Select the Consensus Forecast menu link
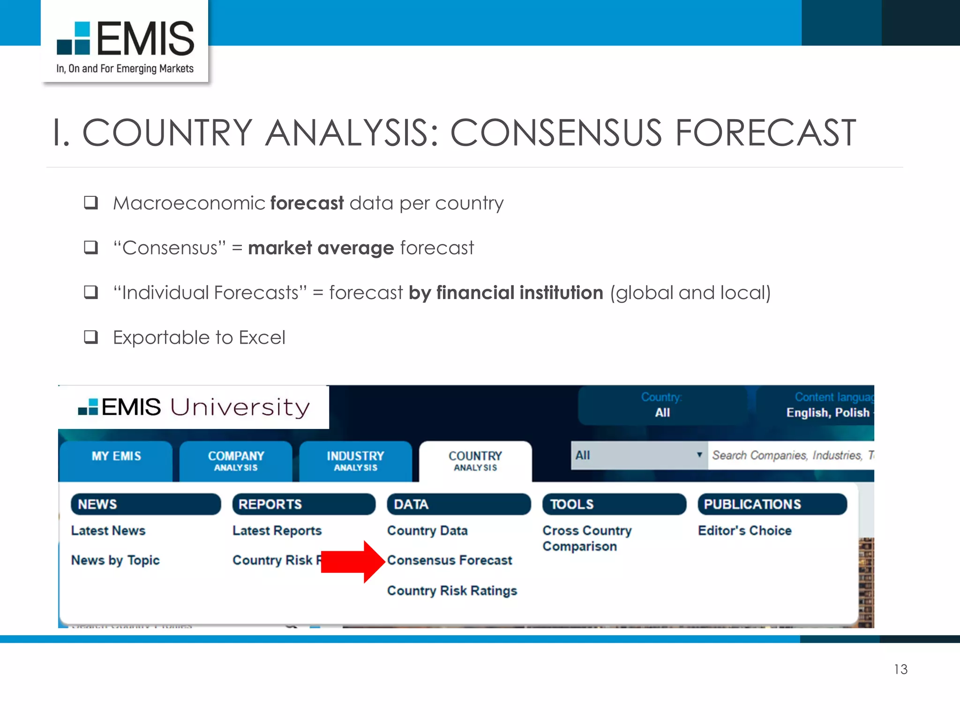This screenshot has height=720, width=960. click(x=449, y=560)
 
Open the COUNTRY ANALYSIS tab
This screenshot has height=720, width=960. click(x=475, y=461)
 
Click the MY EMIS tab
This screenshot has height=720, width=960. click(x=116, y=457)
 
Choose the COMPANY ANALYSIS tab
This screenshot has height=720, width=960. click(x=236, y=461)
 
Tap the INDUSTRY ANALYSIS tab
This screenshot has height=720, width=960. click(x=355, y=461)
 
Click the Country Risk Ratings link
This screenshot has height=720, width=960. click(x=452, y=591)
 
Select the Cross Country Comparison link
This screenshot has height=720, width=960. click(x=586, y=539)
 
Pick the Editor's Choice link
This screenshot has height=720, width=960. click(x=744, y=531)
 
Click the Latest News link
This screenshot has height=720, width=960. click(x=108, y=531)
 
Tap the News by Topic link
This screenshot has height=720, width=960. click(x=115, y=561)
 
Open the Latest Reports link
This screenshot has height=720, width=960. click(x=277, y=531)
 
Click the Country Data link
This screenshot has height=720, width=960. click(x=427, y=531)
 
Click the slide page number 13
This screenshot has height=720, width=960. click(x=900, y=669)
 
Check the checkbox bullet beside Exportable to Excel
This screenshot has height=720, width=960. click(x=91, y=337)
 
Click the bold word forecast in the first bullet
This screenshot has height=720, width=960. click(x=307, y=203)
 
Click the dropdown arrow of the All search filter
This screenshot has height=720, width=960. click(x=699, y=455)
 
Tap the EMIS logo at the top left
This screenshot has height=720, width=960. click(x=125, y=42)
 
